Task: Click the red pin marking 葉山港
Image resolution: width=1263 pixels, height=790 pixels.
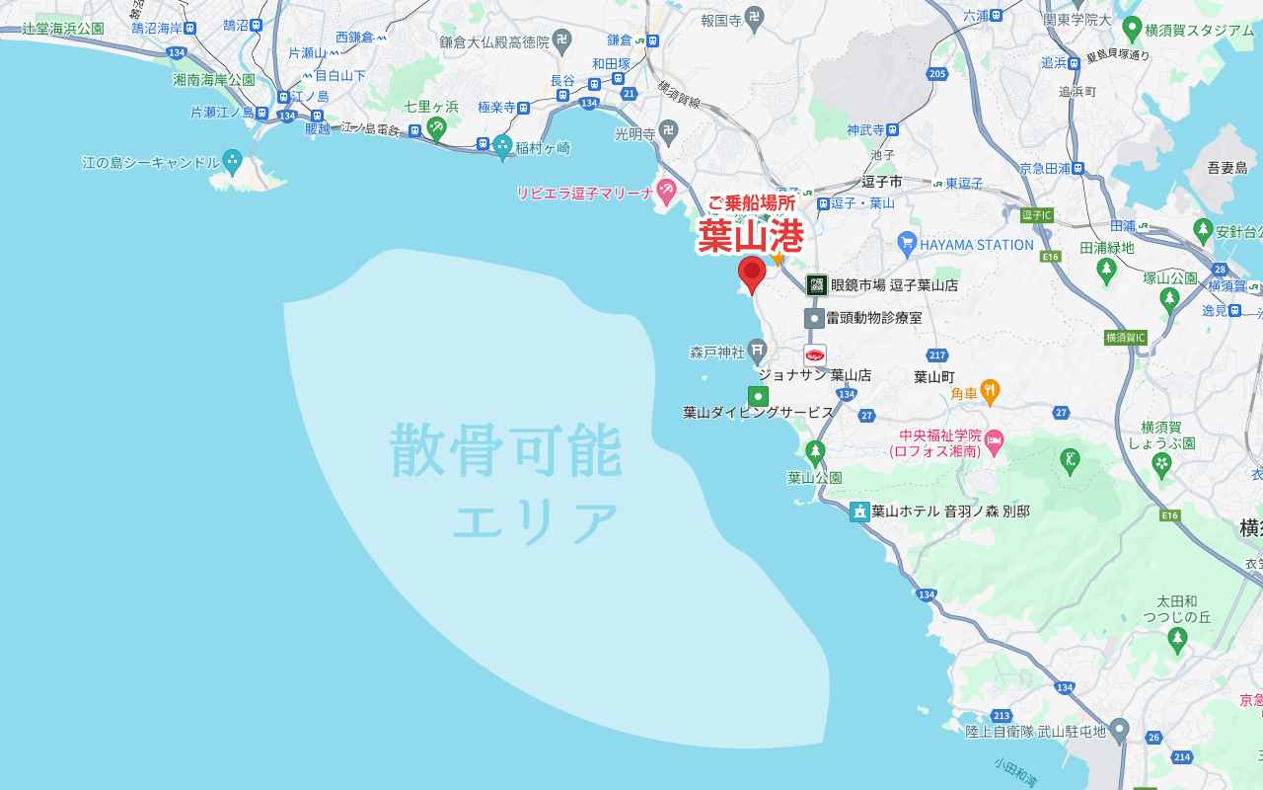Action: click(752, 274)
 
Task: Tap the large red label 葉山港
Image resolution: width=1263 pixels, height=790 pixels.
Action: click(750, 236)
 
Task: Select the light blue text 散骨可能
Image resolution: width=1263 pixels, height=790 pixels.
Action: click(506, 450)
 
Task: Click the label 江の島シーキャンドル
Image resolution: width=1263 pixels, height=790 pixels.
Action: click(150, 162)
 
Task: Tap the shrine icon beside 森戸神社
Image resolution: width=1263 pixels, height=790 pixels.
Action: click(757, 350)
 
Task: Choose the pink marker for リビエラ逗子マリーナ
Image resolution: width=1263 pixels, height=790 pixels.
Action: click(666, 188)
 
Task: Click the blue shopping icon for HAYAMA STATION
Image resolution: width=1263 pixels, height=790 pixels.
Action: click(907, 243)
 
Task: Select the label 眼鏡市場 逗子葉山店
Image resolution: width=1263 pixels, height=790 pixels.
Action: click(894, 285)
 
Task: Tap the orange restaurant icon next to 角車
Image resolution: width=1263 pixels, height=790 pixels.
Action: click(990, 392)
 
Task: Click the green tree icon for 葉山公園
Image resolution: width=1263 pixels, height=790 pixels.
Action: click(814, 452)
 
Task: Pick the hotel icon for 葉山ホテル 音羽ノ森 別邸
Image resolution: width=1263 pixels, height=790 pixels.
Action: click(859, 511)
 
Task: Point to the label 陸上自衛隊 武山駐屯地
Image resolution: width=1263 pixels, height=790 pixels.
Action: click(1035, 732)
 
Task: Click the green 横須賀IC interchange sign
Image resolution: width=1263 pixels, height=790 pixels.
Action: click(1125, 338)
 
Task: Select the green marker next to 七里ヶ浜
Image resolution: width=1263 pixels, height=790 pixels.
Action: click(436, 126)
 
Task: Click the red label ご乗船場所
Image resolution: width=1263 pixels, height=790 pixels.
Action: click(751, 203)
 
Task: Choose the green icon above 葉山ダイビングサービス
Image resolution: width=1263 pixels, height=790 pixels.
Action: click(758, 396)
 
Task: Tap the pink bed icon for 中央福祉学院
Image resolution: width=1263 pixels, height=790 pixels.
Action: click(995, 439)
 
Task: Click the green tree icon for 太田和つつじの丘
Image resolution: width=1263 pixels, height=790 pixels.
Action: click(1176, 640)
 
